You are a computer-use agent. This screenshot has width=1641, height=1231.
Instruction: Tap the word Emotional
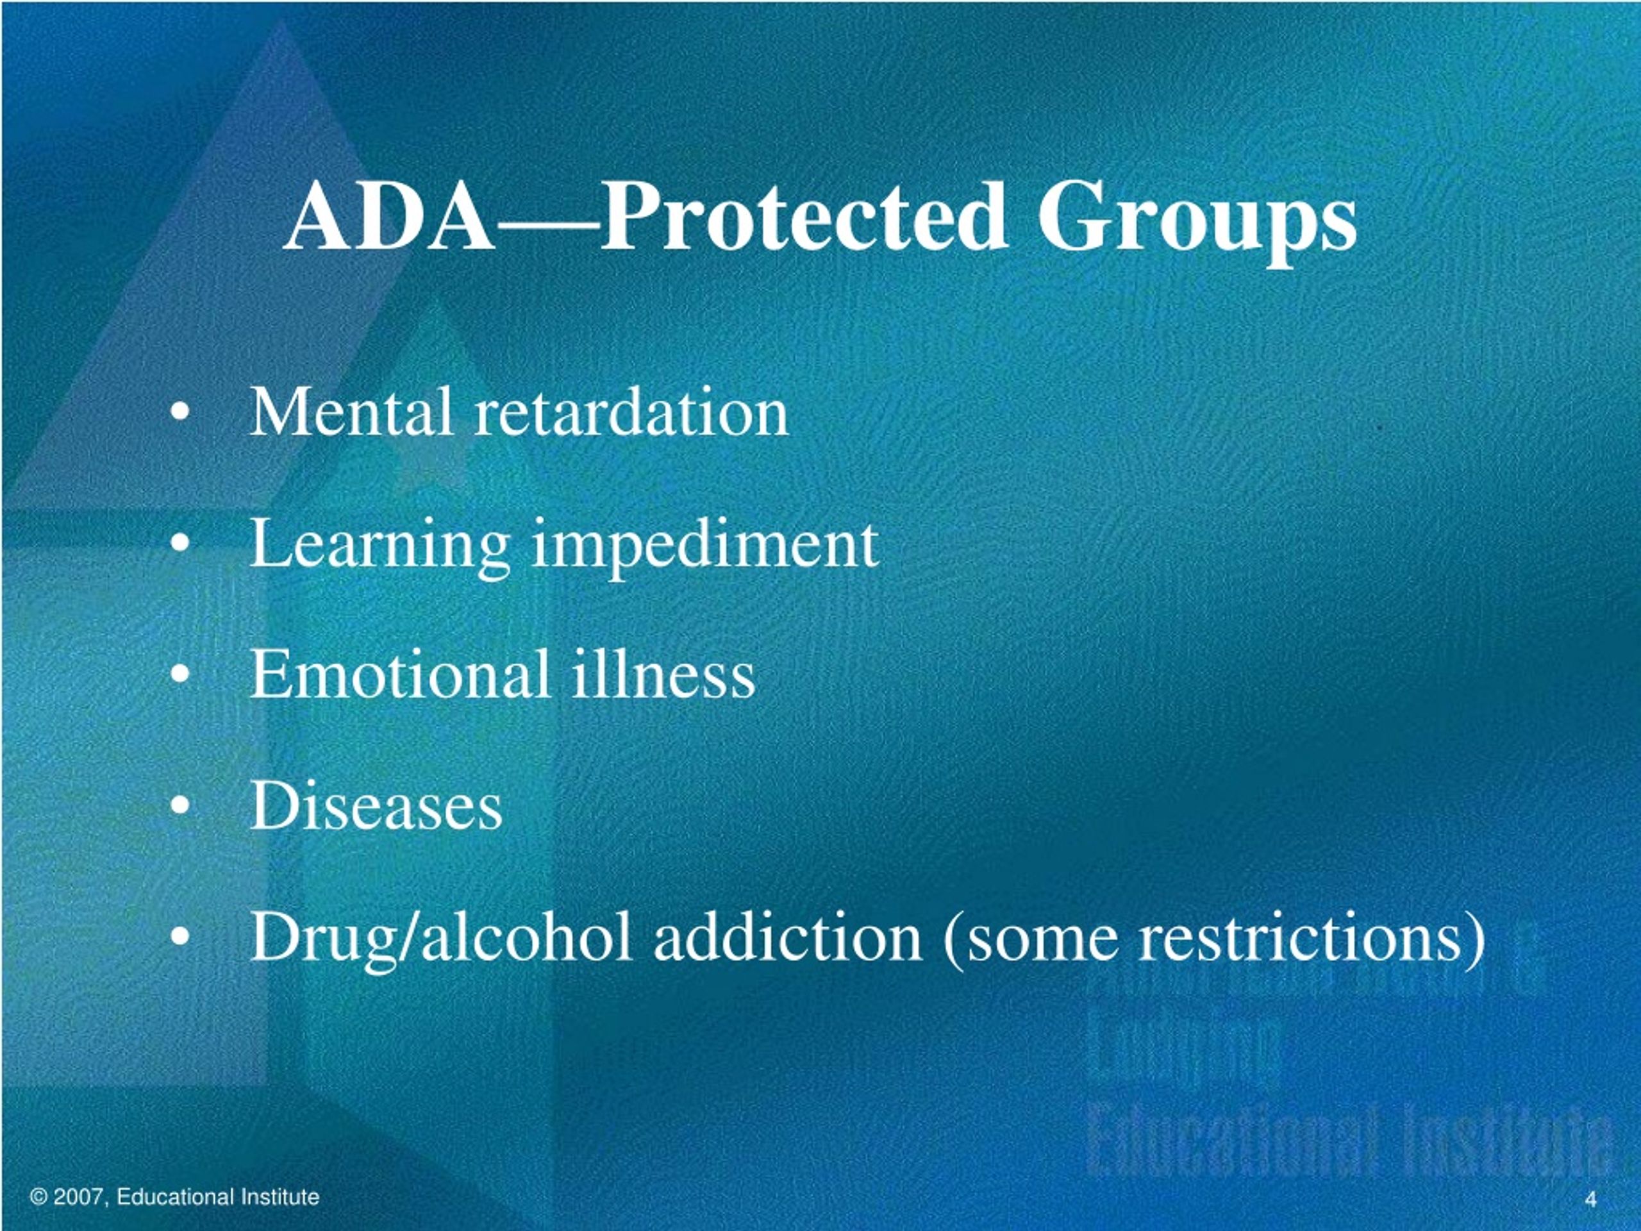(x=401, y=674)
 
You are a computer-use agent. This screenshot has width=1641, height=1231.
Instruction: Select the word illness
(x=663, y=674)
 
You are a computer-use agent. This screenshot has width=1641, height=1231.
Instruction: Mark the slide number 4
(x=1590, y=1200)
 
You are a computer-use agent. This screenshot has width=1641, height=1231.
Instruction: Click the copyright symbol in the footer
(x=38, y=1197)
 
